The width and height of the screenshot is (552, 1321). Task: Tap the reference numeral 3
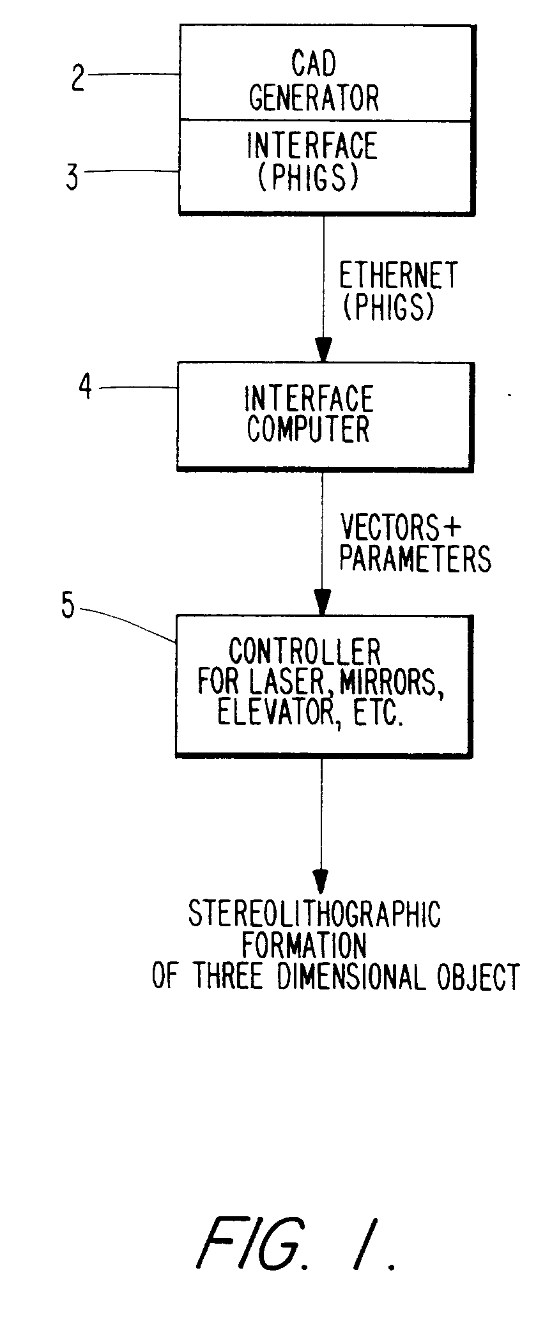[x=73, y=176]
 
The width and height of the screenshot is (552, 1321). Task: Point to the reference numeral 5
[x=68, y=606]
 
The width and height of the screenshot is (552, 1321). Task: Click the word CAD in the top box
[x=314, y=65]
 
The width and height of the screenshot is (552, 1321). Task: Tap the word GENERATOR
[x=314, y=98]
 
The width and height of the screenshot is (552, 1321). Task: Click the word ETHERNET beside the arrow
[x=399, y=277]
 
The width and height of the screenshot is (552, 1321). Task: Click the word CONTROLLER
[x=305, y=652]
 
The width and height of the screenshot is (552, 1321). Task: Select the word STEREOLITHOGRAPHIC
[x=314, y=914]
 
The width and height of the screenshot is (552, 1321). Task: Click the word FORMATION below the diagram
[x=304, y=946]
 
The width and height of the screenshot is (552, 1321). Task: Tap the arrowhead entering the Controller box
[x=322, y=602]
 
